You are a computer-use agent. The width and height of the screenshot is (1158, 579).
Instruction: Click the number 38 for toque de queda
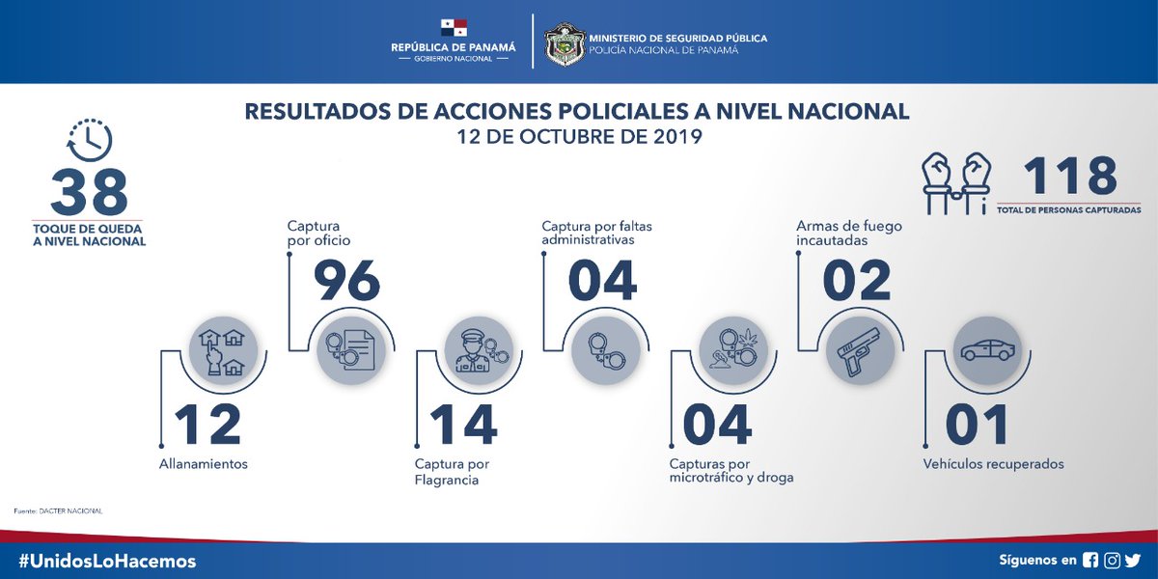coord(89,193)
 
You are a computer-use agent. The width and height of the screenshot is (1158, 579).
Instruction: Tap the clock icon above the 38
coord(91,141)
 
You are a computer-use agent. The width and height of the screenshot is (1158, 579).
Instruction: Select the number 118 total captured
coord(1069,177)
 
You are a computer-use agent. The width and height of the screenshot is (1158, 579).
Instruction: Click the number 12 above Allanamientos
coord(207,426)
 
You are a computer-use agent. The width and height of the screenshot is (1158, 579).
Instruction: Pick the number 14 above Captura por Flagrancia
coord(462,426)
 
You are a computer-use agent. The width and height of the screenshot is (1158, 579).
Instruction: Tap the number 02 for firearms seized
coord(856,280)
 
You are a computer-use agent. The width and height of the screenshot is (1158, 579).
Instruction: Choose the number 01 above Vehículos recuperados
coord(977,426)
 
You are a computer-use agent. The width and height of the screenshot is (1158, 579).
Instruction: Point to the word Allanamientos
coord(204,464)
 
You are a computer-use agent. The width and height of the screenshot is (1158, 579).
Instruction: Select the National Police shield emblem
coord(563,43)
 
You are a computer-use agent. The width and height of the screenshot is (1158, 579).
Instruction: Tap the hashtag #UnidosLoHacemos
coord(107,561)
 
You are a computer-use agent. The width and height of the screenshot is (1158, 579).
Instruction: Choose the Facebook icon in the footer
coord(1090,560)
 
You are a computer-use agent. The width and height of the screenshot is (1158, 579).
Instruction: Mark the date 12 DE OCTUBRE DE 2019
coord(578,137)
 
